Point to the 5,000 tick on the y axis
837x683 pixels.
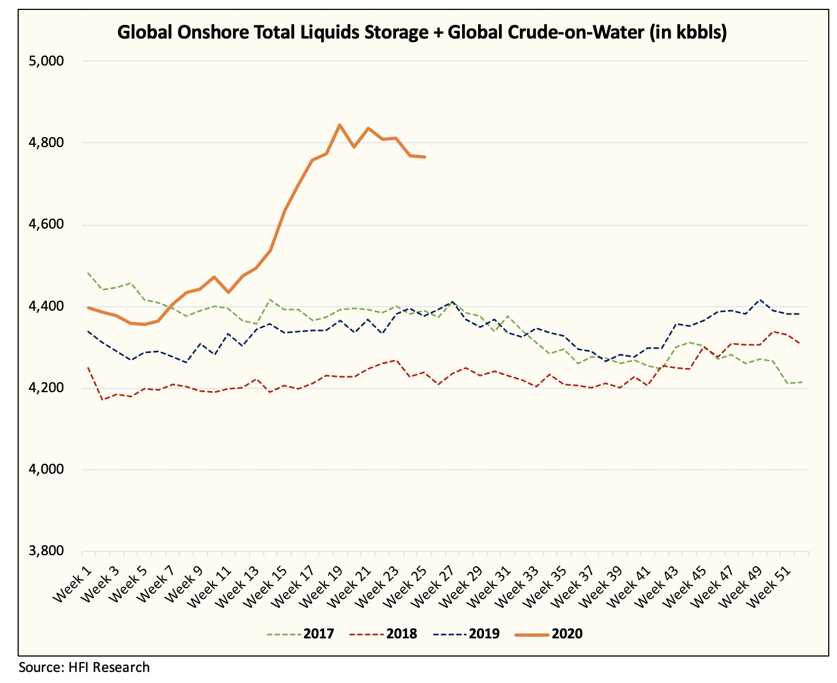pyautogui.click(x=47, y=61)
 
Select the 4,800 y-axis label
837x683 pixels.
pyautogui.click(x=47, y=143)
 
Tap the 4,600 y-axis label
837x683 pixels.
pyautogui.click(x=47, y=225)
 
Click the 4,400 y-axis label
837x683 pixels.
pyautogui.click(x=47, y=306)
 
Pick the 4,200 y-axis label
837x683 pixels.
pyautogui.click(x=47, y=388)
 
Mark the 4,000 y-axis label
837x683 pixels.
pyautogui.click(x=47, y=470)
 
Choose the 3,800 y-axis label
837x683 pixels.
pyautogui.click(x=47, y=551)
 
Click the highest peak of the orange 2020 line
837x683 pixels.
pyautogui.click(x=340, y=125)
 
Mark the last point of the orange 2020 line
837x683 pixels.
pyautogui.click(x=425, y=157)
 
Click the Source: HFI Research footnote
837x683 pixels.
pyautogui.click(x=84, y=668)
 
